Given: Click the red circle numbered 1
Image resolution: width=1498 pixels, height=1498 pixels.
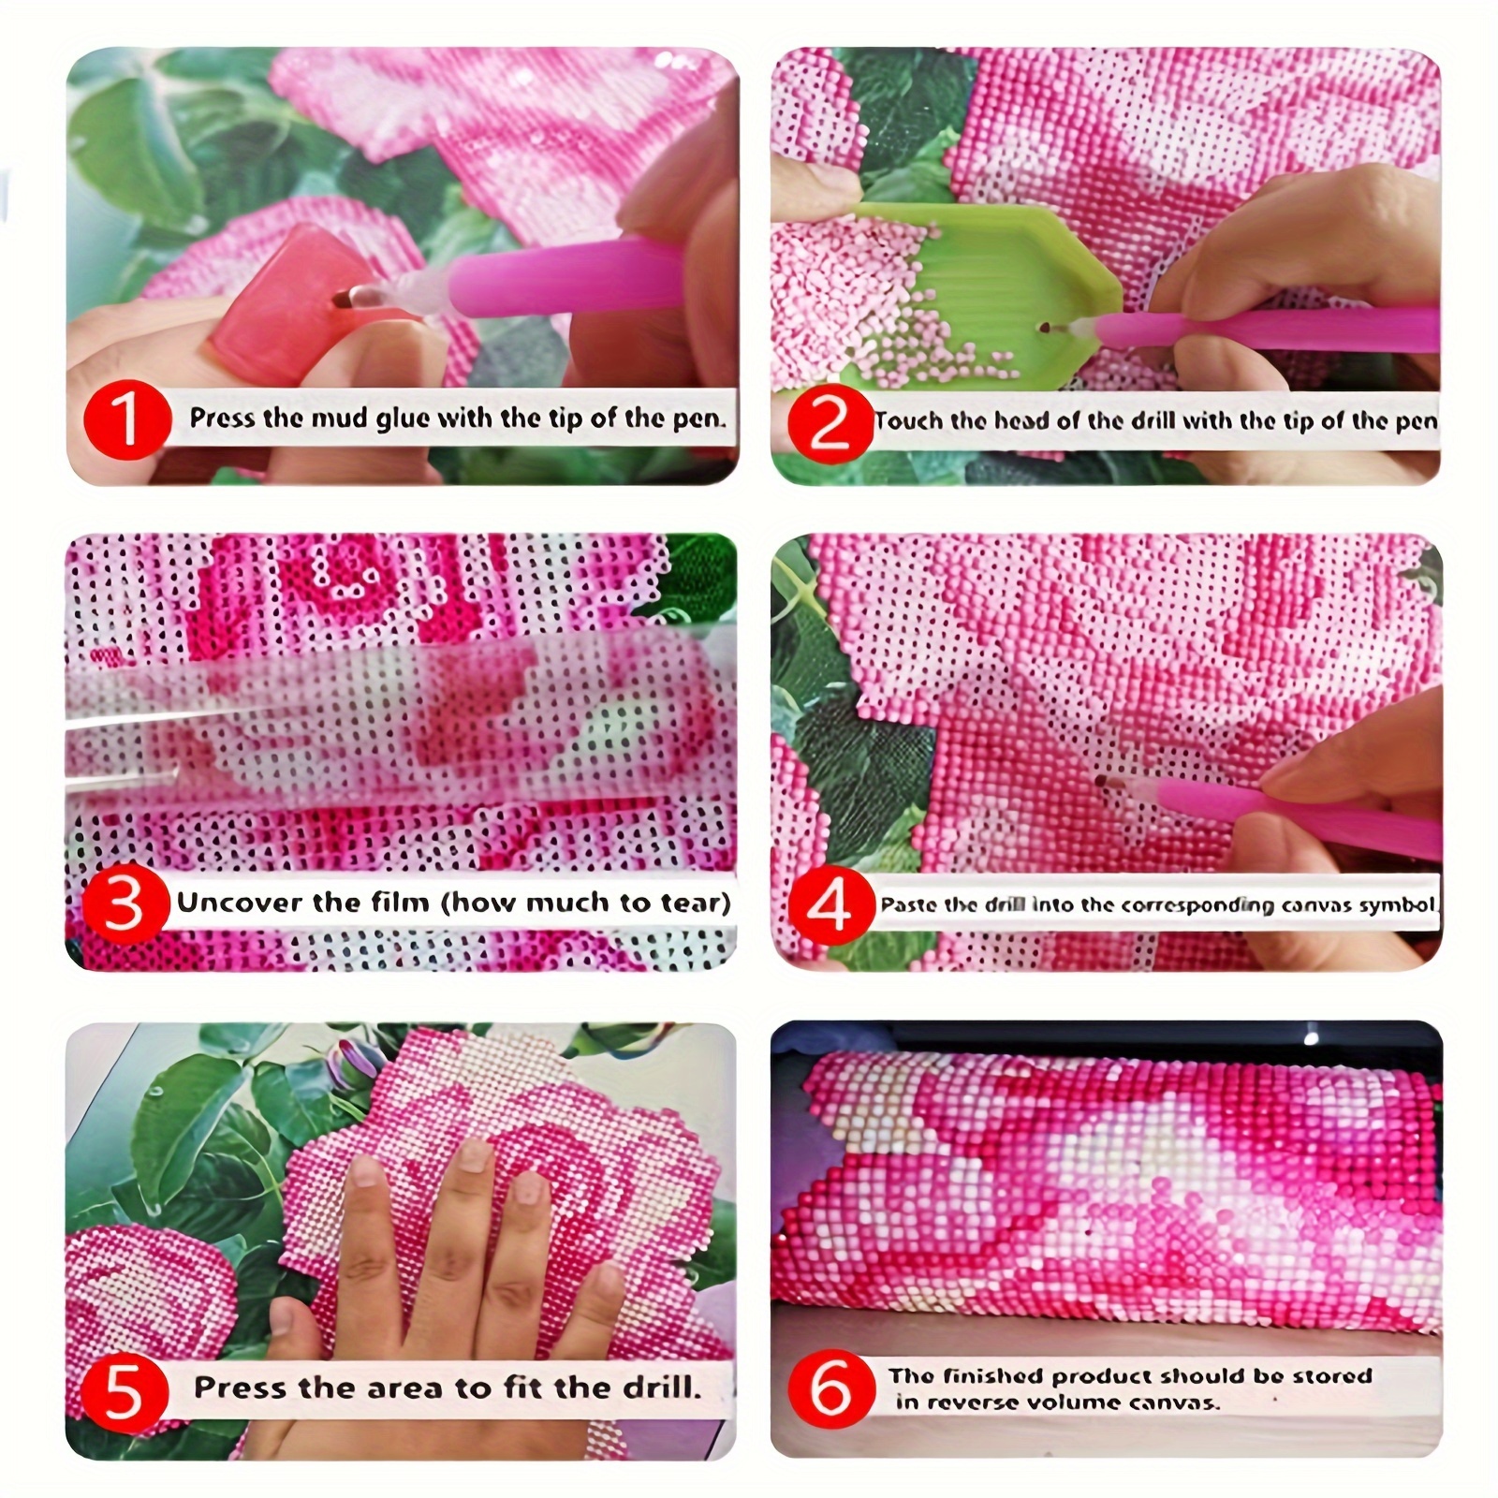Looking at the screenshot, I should click(125, 420).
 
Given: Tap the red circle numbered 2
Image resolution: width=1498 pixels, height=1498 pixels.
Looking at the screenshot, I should click(830, 424).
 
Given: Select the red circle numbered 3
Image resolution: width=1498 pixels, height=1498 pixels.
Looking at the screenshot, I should click(125, 904).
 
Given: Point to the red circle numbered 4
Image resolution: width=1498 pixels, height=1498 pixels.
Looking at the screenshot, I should click(830, 905).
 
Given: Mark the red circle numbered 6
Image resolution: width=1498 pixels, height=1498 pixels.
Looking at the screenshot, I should click(830, 1388).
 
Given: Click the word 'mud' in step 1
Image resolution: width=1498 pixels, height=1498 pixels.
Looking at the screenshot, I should click(339, 418).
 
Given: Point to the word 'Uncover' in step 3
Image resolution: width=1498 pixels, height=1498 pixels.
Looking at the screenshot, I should click(240, 903).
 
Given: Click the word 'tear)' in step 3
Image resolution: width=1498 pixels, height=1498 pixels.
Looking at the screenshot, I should click(695, 903).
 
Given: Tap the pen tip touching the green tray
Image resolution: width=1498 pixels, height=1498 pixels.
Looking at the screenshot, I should click(1045, 327).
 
